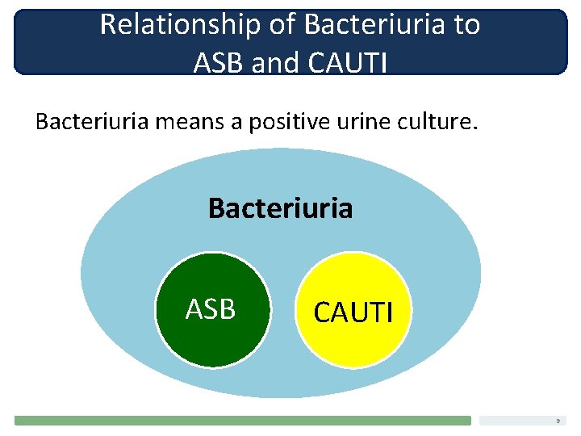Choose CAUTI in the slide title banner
347,61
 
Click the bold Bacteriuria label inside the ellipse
280,208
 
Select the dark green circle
211,339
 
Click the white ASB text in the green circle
211,308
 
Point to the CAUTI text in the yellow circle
353,312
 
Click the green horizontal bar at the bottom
242,420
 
